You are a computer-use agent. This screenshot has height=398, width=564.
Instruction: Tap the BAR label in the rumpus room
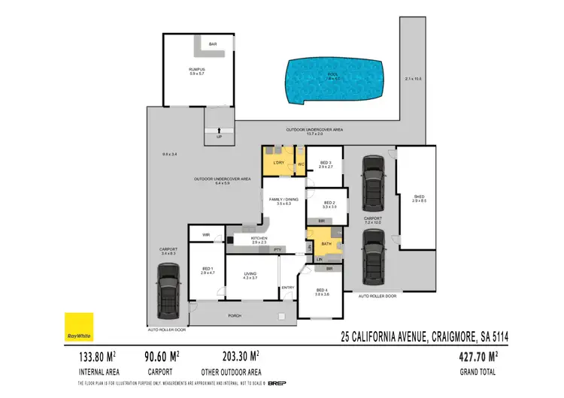click(x=213, y=44)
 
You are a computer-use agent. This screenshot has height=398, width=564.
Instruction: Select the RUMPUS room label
click(x=196, y=70)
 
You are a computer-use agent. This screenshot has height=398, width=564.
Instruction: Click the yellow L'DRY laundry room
click(x=278, y=162)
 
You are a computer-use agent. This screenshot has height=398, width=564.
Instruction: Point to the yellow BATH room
click(x=326, y=243)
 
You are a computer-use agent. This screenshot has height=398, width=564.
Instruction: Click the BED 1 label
click(x=208, y=269)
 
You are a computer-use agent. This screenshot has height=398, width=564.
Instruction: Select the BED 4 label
click(x=321, y=291)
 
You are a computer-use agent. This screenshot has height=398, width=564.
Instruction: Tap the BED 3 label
click(x=326, y=163)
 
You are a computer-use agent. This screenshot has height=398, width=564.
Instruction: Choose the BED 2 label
click(x=329, y=202)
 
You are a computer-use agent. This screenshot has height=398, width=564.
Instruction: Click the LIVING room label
click(x=250, y=274)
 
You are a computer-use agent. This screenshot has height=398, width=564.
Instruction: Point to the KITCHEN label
click(x=259, y=239)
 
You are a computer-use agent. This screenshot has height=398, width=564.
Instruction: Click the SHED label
click(x=419, y=198)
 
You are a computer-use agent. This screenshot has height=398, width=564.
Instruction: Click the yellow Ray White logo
click(x=77, y=325)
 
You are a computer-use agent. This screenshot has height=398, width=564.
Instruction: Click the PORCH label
click(x=235, y=316)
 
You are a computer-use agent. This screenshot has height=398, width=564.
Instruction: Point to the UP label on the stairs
click(x=219, y=137)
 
